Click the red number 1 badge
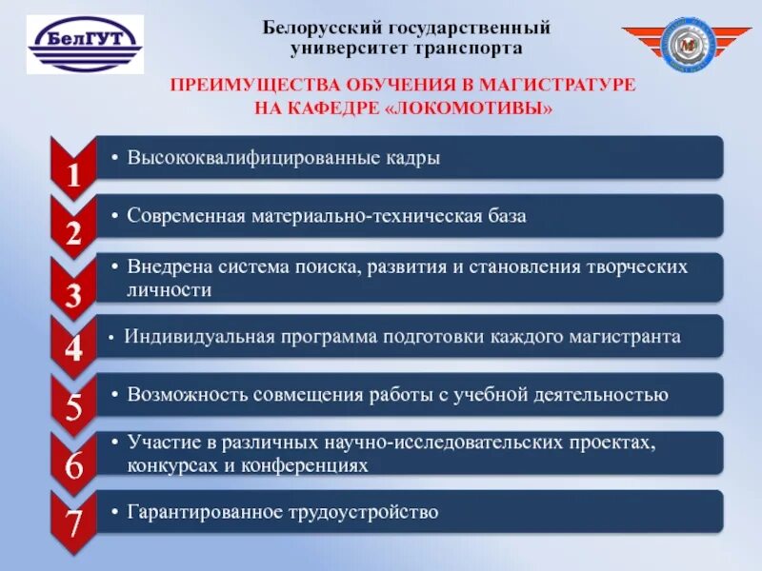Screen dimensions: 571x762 point(73,169)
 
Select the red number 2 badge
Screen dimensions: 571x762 point(73,228)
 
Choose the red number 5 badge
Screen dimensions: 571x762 point(73,407)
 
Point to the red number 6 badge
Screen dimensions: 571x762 point(73,466)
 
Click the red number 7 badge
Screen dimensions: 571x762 point(73,523)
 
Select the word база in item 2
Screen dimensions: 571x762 point(506,216)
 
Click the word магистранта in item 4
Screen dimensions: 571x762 point(623,337)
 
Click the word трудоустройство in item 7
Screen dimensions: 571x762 point(363,512)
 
